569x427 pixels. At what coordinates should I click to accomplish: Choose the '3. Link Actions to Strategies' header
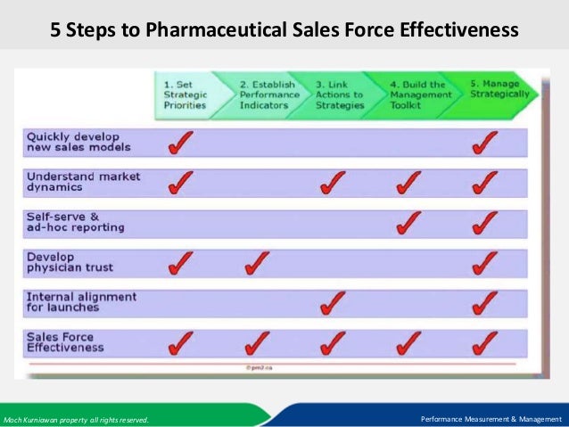341,94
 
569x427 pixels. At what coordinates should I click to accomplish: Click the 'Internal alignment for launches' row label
81,302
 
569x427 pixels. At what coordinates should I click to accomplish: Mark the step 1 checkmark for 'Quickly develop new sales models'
180,142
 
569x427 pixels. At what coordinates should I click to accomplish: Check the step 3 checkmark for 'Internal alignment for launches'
333,302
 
